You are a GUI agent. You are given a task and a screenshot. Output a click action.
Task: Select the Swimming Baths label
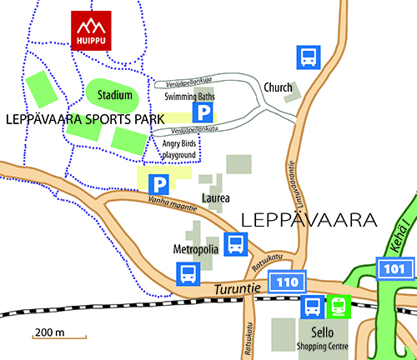[188, 96]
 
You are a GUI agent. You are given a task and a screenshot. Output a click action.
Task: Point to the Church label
[278, 87]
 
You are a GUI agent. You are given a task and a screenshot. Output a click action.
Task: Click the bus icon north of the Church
[308, 57]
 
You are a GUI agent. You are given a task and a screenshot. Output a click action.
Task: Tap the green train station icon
[338, 307]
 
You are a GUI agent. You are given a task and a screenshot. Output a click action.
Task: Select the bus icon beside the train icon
[312, 307]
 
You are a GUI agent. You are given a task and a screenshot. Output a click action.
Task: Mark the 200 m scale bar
[59, 335]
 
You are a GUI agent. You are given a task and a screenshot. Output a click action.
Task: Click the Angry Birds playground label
[178, 149]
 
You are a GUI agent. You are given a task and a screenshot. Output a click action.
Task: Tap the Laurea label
[215, 198]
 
